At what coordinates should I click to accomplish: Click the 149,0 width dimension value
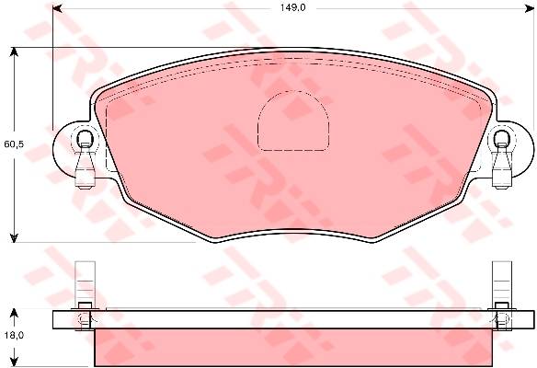(x=292, y=8)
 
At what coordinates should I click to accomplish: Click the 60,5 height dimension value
(x=14, y=144)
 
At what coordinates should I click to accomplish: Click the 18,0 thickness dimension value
(x=14, y=335)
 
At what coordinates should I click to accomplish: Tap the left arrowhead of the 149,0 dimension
(x=57, y=8)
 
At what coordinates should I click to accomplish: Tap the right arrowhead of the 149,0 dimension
(x=530, y=8)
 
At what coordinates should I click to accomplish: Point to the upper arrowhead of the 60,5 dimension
(x=14, y=52)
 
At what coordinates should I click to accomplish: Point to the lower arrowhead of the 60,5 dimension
(x=14, y=237)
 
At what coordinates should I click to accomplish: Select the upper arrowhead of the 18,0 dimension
(x=14, y=313)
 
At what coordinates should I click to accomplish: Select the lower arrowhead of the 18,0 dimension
(x=14, y=361)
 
